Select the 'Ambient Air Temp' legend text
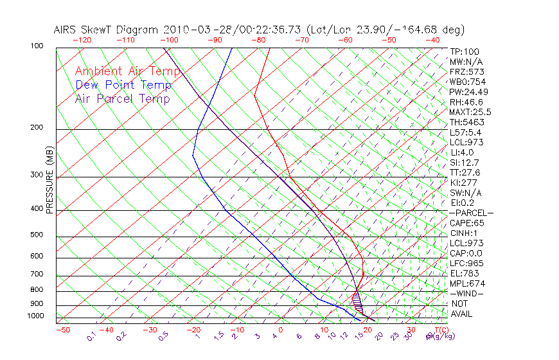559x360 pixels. click(x=127, y=71)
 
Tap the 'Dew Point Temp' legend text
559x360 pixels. click(x=123, y=85)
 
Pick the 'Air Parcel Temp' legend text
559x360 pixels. click(x=123, y=98)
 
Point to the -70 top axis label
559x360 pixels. click(x=301, y=40)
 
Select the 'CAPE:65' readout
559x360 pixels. click(x=466, y=223)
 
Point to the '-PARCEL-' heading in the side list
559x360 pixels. click(x=471, y=213)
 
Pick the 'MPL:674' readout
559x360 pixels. click(x=466, y=283)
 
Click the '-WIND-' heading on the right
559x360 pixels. click(x=467, y=294)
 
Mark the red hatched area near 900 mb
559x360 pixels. click(x=357, y=300)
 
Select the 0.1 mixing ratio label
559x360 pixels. click(x=91, y=336)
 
